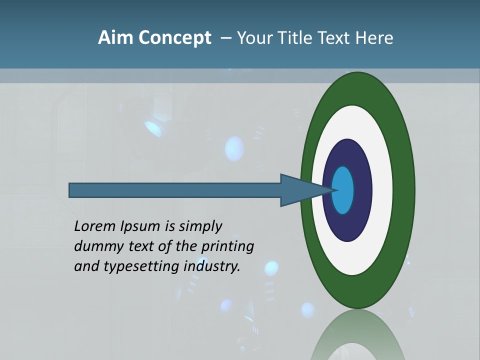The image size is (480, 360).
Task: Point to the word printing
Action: coord(227,247)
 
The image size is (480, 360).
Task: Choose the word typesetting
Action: coord(141,267)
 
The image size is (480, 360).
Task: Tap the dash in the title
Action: coord(225,38)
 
